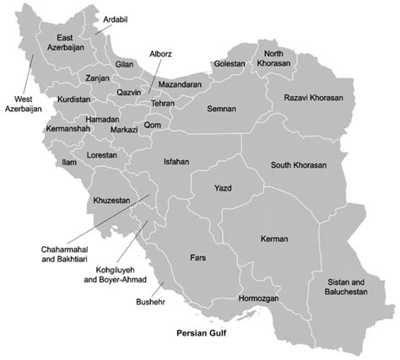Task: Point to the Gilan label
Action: click(x=124, y=64)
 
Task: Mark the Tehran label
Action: click(x=162, y=102)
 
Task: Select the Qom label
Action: click(x=153, y=125)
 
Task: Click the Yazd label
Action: click(x=223, y=187)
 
